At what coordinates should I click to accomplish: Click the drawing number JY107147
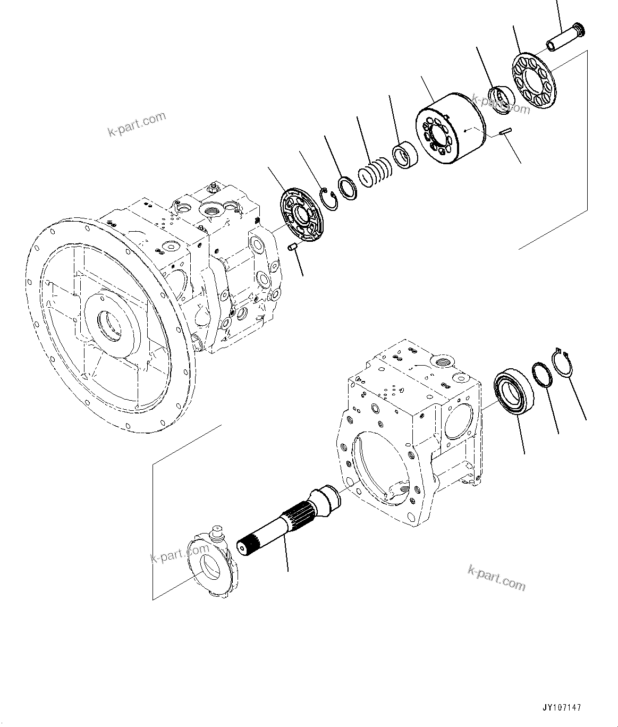(x=562, y=708)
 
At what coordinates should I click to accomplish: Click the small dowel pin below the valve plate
(x=291, y=248)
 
